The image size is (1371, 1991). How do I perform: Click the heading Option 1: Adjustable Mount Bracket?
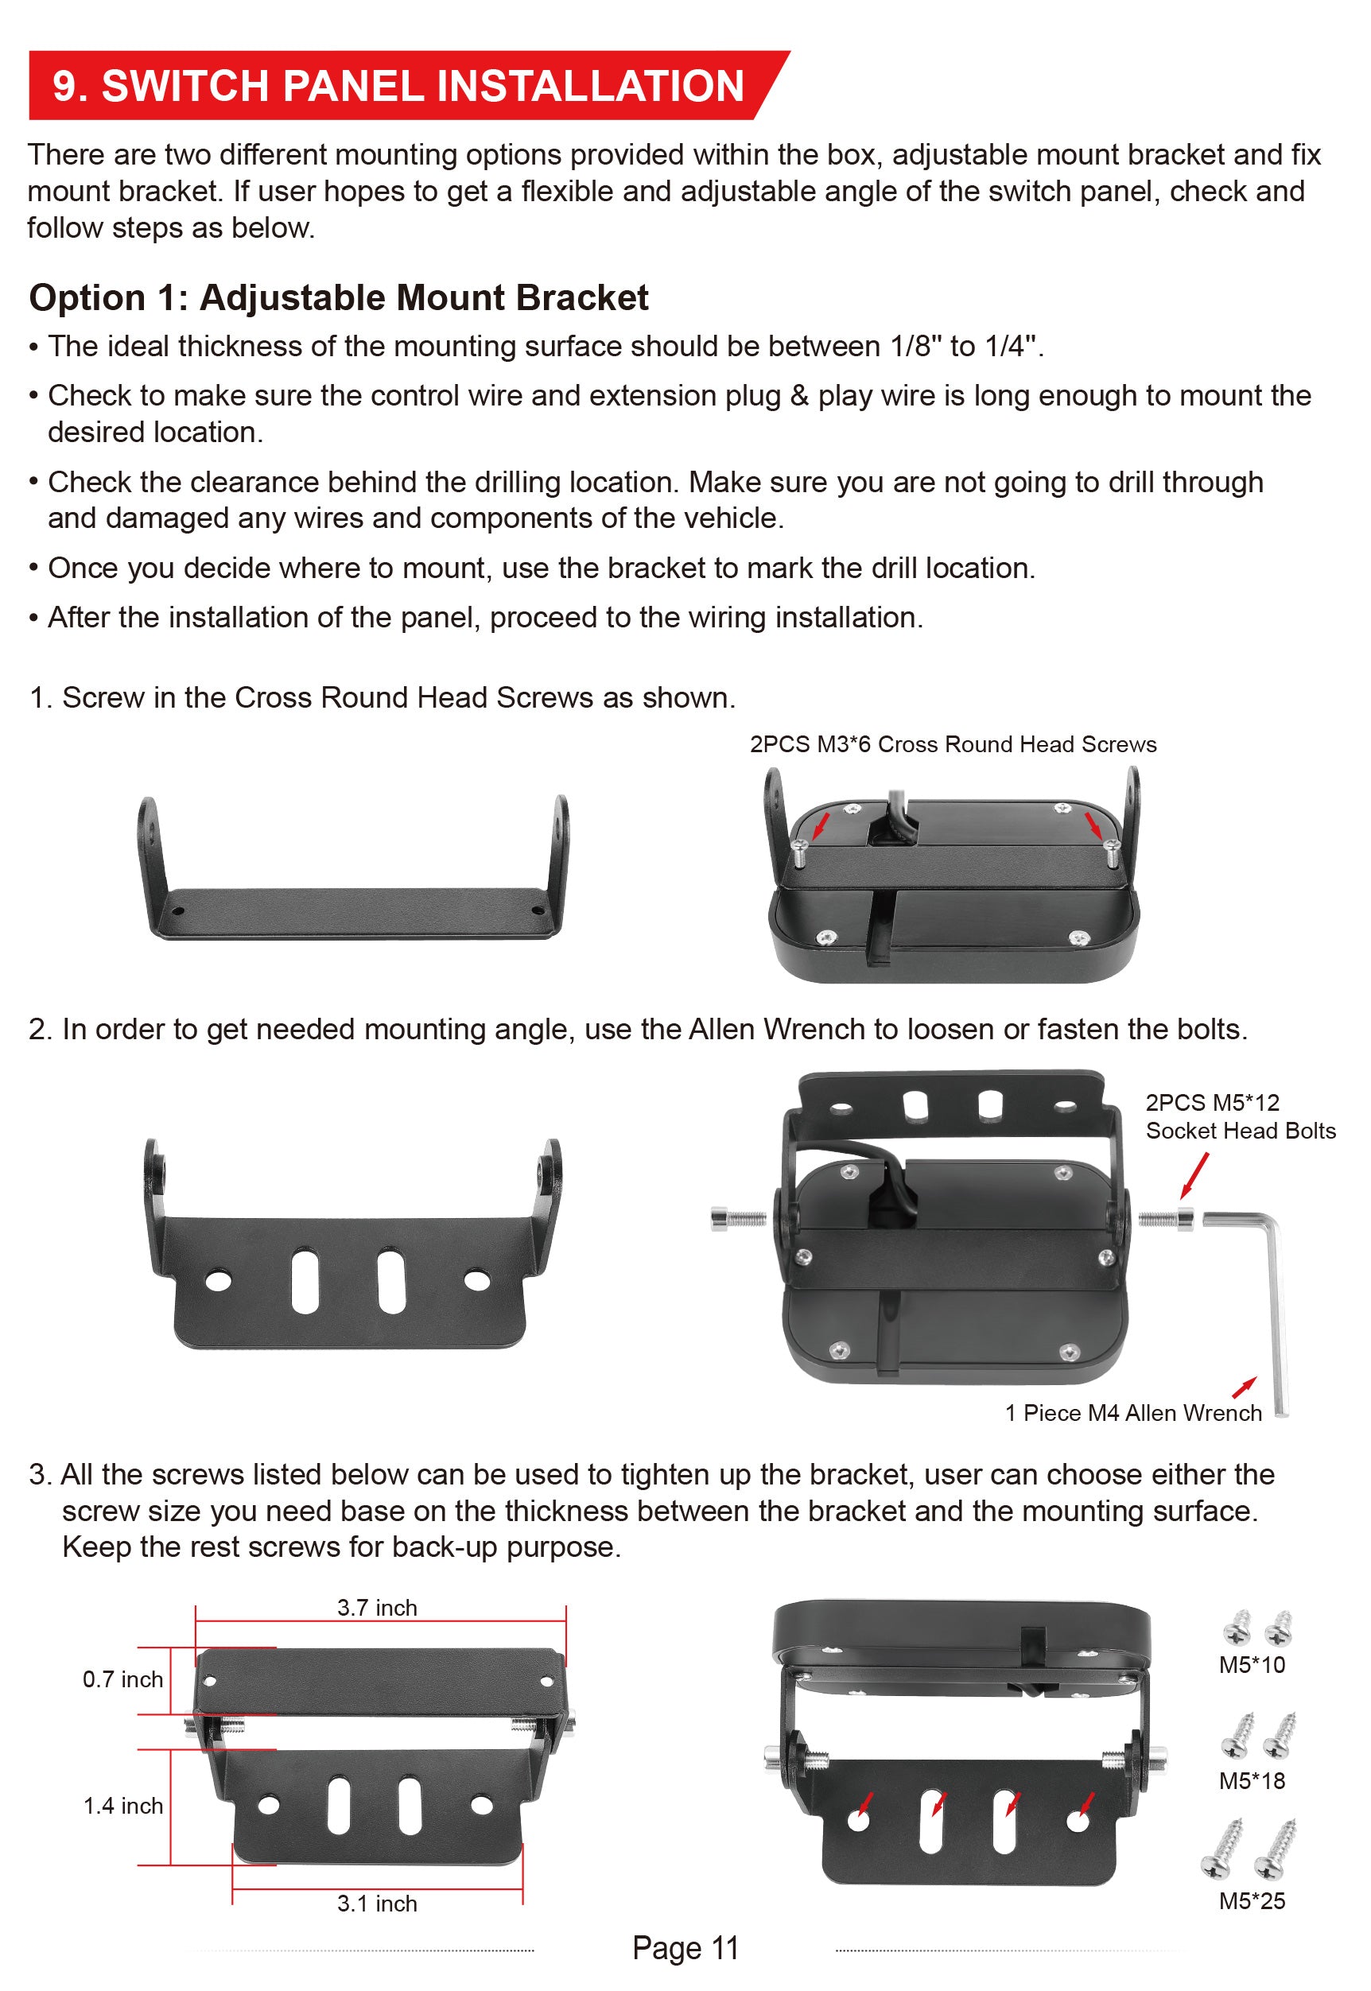pos(339,298)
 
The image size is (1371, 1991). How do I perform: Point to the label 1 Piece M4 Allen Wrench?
pos(1133,1412)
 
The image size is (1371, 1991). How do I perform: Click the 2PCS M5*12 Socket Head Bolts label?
pos(1241,1116)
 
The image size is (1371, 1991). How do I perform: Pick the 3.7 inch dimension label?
pos(377,1607)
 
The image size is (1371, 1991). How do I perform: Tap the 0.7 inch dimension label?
pos(122,1679)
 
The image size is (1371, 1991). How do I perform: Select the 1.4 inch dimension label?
pos(122,1806)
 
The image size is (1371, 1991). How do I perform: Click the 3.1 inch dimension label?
pos(377,1903)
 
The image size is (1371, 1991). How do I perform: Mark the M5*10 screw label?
pos(1252,1665)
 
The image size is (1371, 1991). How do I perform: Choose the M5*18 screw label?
pos(1252,1780)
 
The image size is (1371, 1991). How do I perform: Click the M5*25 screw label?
pos(1252,1901)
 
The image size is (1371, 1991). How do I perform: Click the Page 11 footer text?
pos(685,1948)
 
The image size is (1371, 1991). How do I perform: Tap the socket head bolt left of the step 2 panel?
pos(739,1218)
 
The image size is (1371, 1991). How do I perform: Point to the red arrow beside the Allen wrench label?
pos(1244,1387)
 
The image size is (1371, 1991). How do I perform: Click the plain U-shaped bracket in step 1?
pos(352,867)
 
